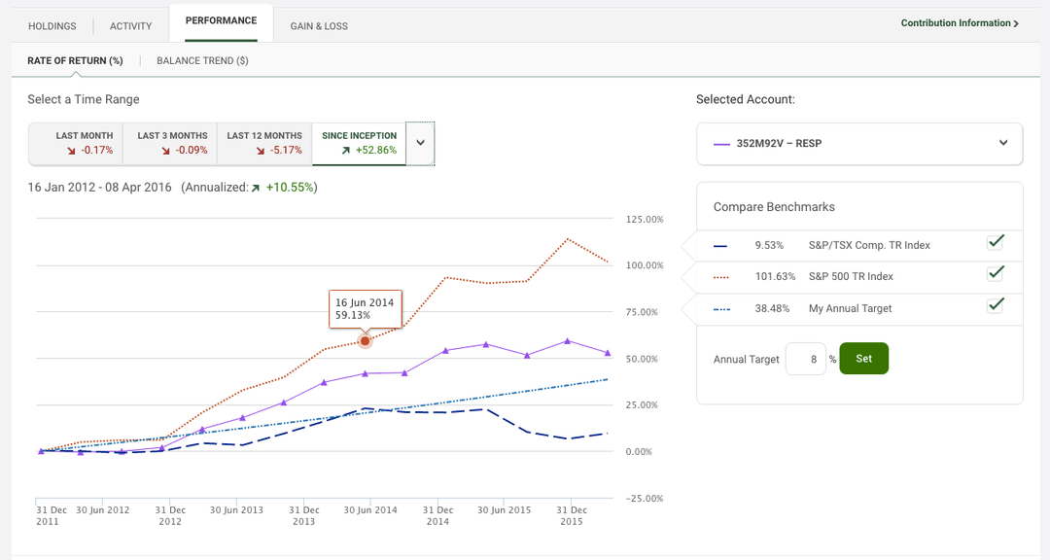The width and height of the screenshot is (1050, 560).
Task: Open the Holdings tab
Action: point(52,26)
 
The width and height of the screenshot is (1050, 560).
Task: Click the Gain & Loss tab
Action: point(319,26)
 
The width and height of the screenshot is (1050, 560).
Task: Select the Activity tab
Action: point(130,26)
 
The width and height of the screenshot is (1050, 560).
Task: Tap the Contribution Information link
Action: point(959,22)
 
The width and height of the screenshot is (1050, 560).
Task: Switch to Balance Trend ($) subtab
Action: point(202,60)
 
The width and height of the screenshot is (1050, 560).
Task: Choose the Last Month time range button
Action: point(85,143)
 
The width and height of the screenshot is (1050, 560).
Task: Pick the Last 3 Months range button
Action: point(172,143)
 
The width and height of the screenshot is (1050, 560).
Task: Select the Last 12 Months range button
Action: point(264,143)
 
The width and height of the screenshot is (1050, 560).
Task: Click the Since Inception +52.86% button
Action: point(359,143)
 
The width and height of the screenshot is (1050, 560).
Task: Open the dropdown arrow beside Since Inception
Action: point(420,143)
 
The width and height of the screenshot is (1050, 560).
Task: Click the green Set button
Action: point(863,358)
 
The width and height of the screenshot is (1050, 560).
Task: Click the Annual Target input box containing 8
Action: point(805,359)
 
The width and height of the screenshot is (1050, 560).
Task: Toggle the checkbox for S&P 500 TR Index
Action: point(995,273)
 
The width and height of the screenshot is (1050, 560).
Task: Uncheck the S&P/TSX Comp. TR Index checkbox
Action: point(995,242)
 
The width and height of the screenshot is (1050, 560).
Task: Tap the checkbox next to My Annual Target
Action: point(995,305)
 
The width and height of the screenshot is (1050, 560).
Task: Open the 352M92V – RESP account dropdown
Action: point(859,143)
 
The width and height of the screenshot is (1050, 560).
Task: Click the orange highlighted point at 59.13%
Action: point(366,341)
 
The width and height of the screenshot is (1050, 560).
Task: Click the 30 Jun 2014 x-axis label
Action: point(370,510)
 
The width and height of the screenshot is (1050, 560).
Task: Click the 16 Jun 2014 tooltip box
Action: point(365,309)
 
